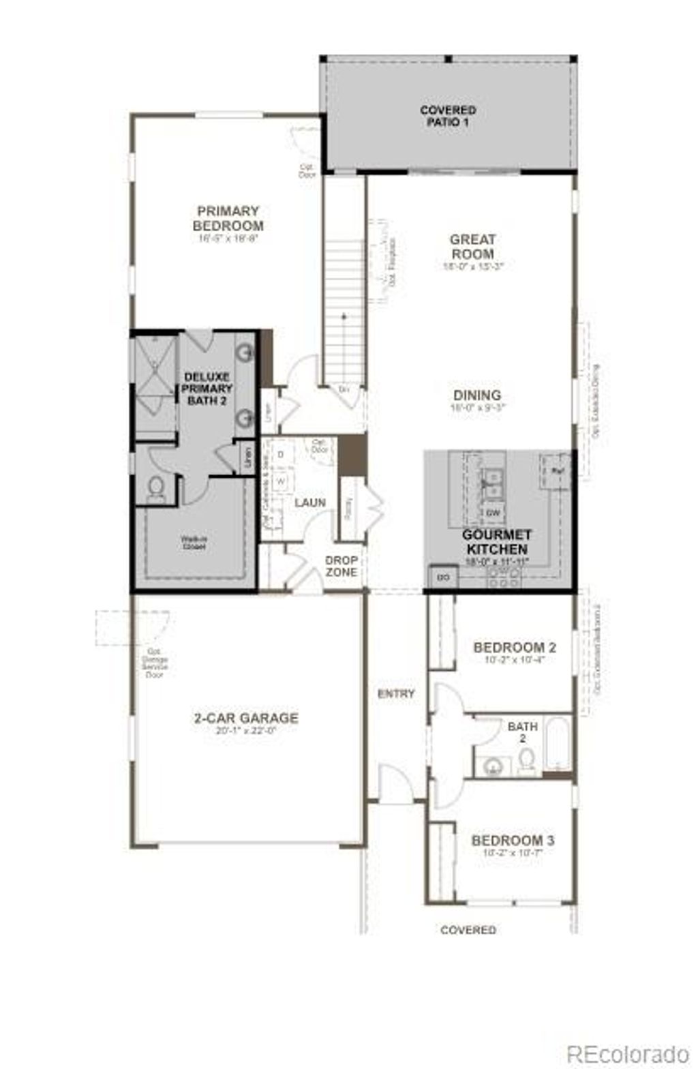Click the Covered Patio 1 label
click(448, 116)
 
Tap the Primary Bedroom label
click(228, 218)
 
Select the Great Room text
click(472, 246)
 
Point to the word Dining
click(477, 395)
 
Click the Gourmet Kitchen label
click(496, 542)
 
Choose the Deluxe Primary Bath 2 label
click(207, 389)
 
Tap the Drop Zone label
click(341, 566)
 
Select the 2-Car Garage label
click(246, 718)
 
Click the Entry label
click(396, 693)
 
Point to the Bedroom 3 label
click(513, 840)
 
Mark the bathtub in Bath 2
click(557, 745)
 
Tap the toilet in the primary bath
click(156, 489)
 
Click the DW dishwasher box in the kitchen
click(493, 512)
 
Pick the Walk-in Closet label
click(194, 542)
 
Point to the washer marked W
click(280, 481)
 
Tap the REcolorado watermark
click(628, 1053)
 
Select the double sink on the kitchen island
click(493, 483)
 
